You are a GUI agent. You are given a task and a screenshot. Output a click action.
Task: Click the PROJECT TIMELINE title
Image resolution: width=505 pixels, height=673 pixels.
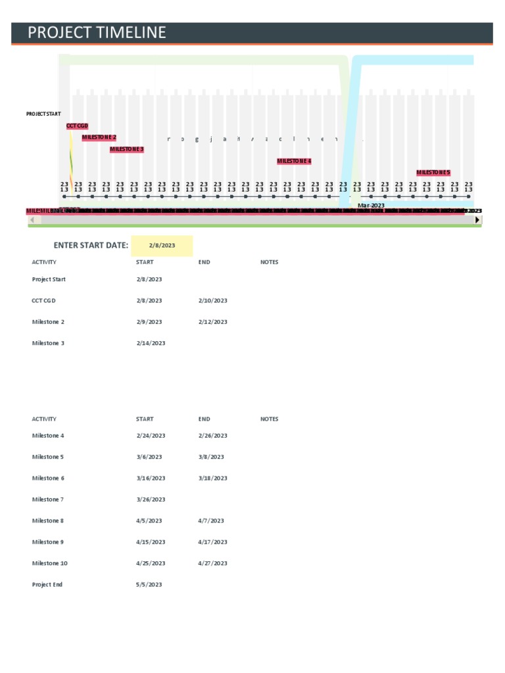pyautogui.click(x=97, y=33)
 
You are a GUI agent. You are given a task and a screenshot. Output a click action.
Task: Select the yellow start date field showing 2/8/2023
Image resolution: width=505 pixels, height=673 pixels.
pyautogui.click(x=162, y=245)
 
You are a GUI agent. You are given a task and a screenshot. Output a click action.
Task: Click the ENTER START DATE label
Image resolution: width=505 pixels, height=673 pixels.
pyautogui.click(x=91, y=245)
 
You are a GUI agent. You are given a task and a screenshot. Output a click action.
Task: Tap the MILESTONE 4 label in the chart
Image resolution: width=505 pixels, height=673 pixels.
pyautogui.click(x=294, y=161)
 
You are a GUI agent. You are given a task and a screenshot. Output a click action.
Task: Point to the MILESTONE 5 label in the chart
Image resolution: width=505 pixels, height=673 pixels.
pyautogui.click(x=433, y=173)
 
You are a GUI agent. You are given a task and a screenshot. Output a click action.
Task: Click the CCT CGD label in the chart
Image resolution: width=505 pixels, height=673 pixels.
pyautogui.click(x=77, y=126)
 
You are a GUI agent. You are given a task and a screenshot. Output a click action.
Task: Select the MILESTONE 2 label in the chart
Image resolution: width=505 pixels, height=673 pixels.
pyautogui.click(x=99, y=137)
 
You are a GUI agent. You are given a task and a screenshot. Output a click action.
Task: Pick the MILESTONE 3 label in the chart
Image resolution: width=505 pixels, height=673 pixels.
pyautogui.click(x=127, y=149)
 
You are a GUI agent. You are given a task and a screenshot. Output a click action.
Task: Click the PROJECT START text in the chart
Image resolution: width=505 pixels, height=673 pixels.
pyautogui.click(x=43, y=114)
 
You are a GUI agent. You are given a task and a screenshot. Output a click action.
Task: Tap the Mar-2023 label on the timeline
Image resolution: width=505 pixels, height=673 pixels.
pyautogui.click(x=371, y=205)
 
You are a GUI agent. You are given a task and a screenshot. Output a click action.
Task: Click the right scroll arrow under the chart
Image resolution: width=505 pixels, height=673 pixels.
pyautogui.click(x=478, y=220)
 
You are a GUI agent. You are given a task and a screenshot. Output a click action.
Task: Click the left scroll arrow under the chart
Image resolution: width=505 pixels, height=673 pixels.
pyautogui.click(x=32, y=220)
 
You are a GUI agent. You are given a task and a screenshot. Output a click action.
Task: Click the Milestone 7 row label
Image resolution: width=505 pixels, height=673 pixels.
pyautogui.click(x=48, y=499)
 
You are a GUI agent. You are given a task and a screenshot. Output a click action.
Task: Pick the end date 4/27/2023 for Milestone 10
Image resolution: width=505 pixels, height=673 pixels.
pyautogui.click(x=212, y=563)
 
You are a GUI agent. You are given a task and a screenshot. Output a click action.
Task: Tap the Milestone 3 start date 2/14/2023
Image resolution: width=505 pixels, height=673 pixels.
pyautogui.click(x=151, y=343)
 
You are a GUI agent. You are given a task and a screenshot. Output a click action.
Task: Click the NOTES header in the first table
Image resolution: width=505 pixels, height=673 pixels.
pyautogui.click(x=269, y=262)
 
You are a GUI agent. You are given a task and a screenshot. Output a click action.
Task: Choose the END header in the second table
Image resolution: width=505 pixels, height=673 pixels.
pyautogui.click(x=204, y=419)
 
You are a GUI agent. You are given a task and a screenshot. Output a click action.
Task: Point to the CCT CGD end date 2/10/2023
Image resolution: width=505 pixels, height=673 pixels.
pyautogui.click(x=212, y=300)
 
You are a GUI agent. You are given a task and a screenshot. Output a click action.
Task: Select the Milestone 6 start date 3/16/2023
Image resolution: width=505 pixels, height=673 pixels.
pyautogui.click(x=151, y=478)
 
